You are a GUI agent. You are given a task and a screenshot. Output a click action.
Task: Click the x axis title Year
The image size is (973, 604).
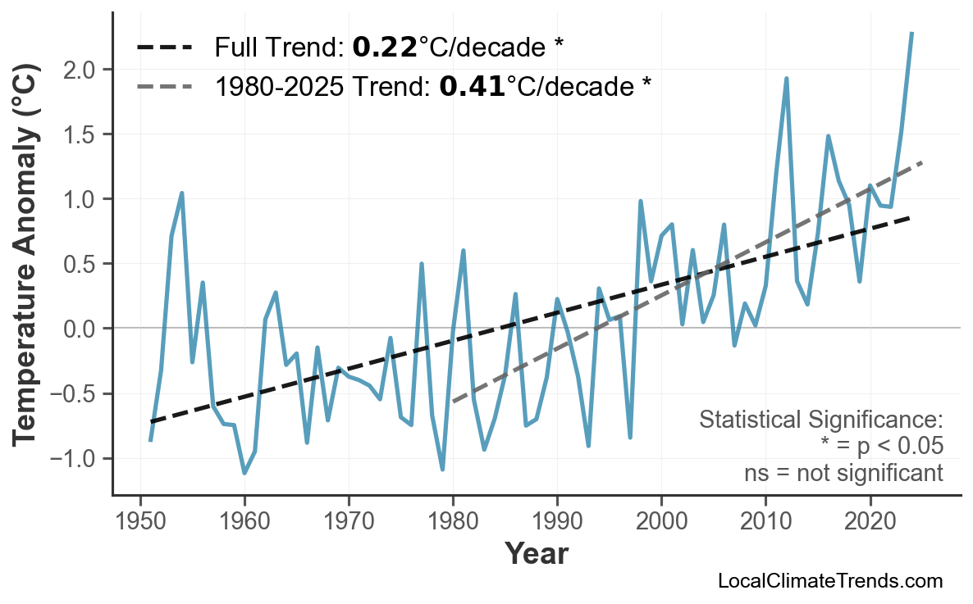[536, 554]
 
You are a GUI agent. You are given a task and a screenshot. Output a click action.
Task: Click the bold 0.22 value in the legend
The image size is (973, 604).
[385, 48]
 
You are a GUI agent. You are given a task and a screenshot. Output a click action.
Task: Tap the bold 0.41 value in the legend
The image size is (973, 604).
[472, 85]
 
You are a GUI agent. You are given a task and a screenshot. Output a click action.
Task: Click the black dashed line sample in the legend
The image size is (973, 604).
[164, 48]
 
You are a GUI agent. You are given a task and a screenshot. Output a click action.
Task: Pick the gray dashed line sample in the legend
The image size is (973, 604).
[164, 85]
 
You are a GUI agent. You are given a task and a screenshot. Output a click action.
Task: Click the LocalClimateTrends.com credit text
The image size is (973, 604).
[829, 581]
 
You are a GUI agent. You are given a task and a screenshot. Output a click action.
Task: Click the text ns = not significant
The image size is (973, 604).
[843, 473]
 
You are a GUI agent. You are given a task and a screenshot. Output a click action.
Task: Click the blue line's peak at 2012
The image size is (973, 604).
[786, 79]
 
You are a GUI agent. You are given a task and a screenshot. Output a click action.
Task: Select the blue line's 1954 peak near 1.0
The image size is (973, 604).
[181, 193]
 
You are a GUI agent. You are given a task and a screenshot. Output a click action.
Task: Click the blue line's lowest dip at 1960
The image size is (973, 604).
[244, 473]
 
